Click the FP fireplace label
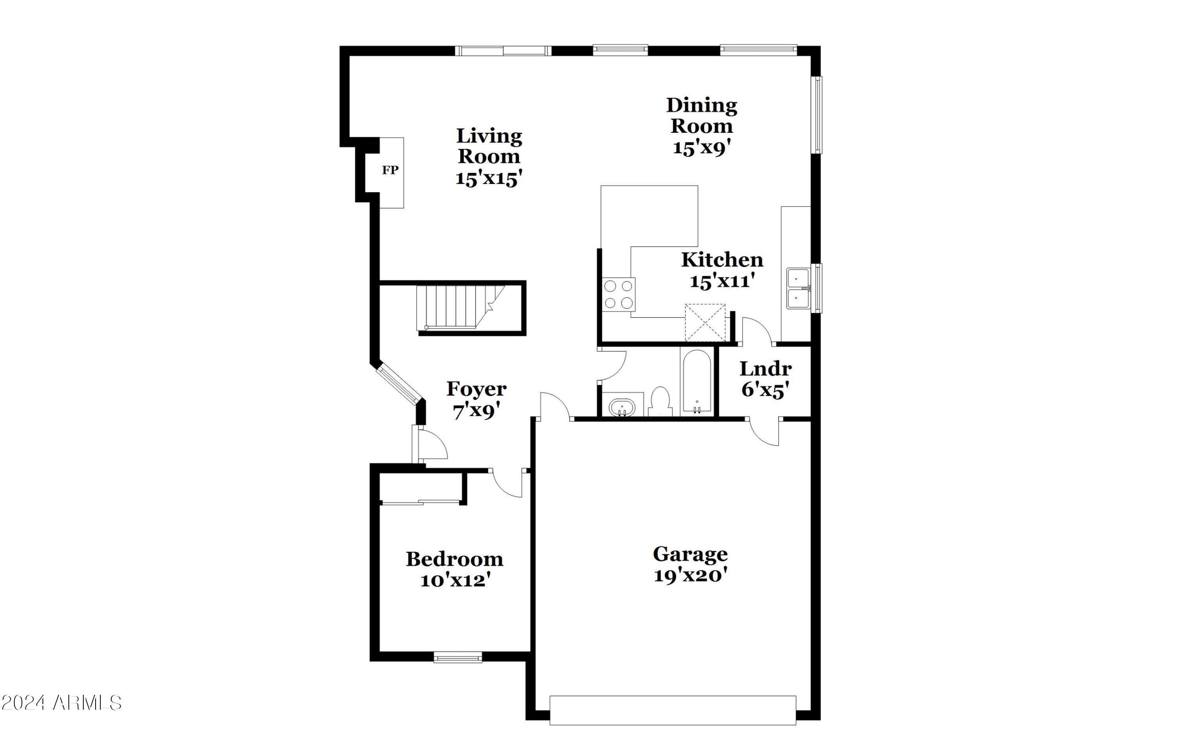(x=390, y=170)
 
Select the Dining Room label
(x=702, y=116)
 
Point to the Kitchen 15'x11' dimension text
(x=723, y=281)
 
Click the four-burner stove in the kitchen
(x=619, y=294)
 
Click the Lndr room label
(x=765, y=369)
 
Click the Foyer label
(x=476, y=389)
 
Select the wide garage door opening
(x=673, y=711)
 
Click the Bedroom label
(x=455, y=559)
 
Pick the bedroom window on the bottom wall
(x=458, y=657)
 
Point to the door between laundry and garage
(x=763, y=432)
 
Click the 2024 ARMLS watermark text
(x=61, y=703)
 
